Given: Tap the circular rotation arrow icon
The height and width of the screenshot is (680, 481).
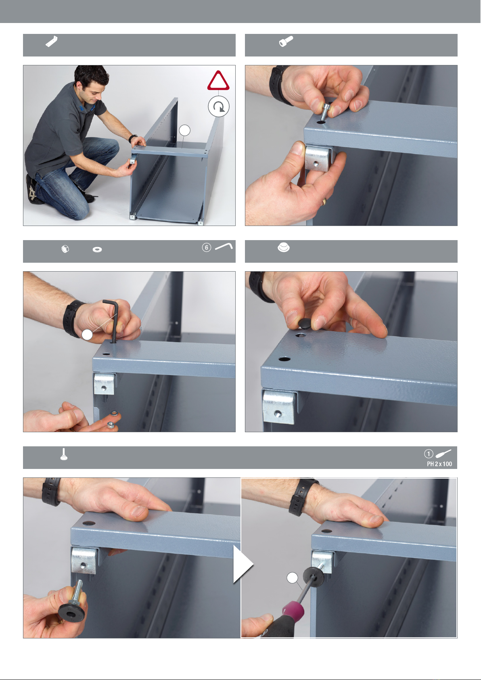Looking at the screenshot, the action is click(x=218, y=107).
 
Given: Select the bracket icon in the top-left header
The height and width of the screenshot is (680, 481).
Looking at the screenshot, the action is click(x=52, y=41).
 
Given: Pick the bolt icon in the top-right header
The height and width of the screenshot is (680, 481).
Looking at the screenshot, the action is click(x=286, y=41).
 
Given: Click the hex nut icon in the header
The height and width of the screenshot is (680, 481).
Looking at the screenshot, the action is click(x=65, y=249).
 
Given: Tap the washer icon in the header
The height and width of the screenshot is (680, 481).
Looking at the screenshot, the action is click(x=97, y=249).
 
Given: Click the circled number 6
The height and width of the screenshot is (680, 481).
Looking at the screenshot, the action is click(x=206, y=247).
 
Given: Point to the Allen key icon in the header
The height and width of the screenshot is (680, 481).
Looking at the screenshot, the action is click(x=224, y=246).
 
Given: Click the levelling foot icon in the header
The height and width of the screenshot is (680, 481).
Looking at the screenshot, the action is click(x=64, y=454).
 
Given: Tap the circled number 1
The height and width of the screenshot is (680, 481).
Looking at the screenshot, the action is click(x=429, y=454).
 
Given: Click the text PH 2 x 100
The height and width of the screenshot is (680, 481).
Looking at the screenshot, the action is click(x=439, y=464).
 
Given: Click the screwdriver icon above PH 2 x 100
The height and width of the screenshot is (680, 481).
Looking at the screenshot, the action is click(x=443, y=454).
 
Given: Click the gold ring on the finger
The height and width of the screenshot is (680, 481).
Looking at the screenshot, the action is click(x=324, y=201).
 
